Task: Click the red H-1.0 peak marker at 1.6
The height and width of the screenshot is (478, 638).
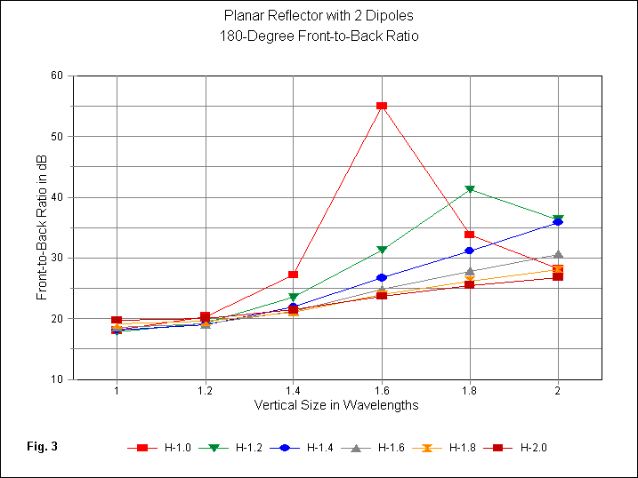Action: point(382,106)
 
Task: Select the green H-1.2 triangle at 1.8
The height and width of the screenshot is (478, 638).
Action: point(470,189)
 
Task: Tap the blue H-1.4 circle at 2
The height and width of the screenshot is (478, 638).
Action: point(558,222)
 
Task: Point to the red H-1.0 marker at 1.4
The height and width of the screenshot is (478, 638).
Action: point(294,275)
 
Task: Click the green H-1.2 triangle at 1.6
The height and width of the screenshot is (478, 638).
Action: point(382,250)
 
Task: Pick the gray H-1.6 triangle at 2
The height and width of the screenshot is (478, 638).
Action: point(558,255)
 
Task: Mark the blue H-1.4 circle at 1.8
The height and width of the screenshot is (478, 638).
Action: point(470,251)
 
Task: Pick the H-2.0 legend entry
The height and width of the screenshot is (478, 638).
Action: point(524,448)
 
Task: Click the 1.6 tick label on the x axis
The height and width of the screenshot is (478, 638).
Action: point(382,391)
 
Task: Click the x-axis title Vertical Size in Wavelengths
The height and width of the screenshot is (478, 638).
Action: point(336,405)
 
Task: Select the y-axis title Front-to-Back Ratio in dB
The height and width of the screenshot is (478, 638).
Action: point(42,227)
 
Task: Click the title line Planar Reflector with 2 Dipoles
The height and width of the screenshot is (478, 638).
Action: point(318,16)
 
